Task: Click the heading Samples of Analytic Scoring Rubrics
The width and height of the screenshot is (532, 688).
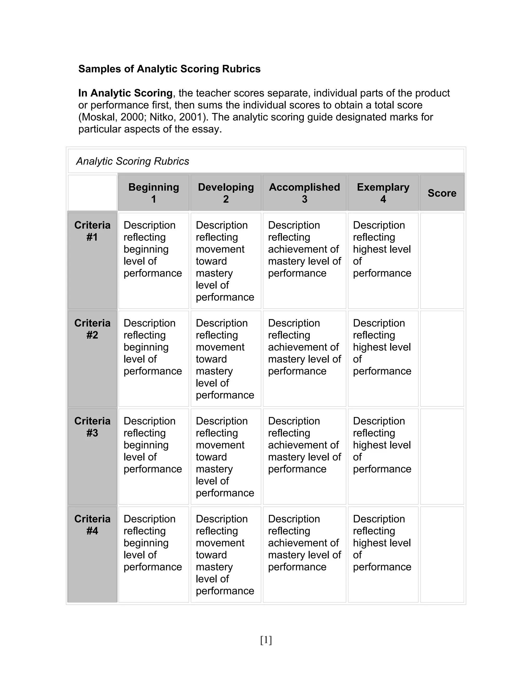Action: click(169, 69)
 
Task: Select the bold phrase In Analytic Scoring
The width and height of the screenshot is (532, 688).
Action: click(125, 93)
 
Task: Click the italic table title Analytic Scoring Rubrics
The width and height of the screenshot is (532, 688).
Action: click(132, 161)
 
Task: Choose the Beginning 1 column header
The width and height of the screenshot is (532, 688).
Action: click(154, 193)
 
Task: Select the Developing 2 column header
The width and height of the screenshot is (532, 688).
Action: click(226, 193)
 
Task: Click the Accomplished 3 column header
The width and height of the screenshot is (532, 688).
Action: click(304, 193)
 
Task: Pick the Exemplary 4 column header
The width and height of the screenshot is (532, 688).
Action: click(383, 193)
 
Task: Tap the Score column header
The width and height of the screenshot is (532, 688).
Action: click(442, 193)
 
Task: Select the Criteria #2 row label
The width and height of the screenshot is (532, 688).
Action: click(92, 329)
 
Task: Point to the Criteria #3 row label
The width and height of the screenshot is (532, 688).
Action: click(92, 427)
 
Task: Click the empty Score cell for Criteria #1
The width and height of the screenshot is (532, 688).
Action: click(442, 261)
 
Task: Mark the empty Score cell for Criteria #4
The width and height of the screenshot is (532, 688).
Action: click(442, 555)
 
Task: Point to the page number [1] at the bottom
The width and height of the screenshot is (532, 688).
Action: click(266, 640)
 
